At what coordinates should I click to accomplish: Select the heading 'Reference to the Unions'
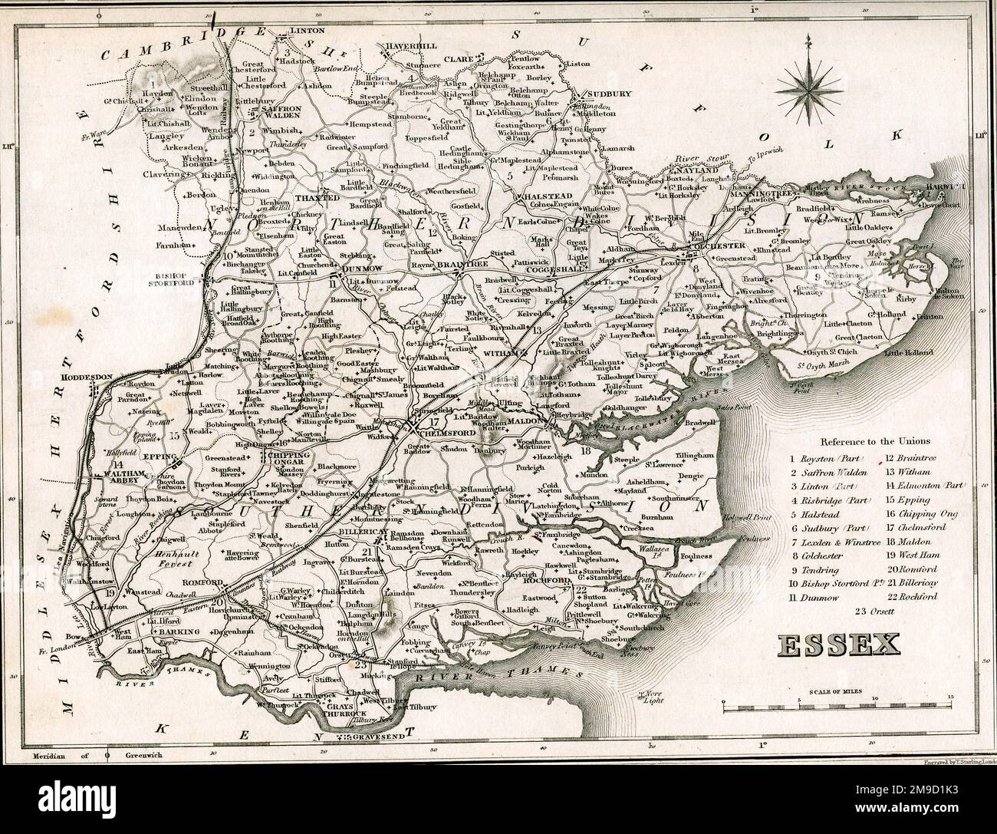(x=874, y=441)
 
